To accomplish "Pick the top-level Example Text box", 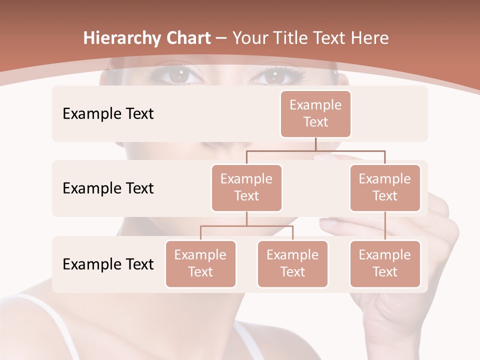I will (x=315, y=114).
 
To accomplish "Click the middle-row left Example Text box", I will (x=246, y=188).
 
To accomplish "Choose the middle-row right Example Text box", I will (x=385, y=188).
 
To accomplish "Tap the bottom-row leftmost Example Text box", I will (x=200, y=264).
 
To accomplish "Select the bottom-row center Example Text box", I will (x=292, y=264).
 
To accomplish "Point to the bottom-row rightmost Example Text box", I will (x=385, y=264).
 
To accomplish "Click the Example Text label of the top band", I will (x=108, y=114).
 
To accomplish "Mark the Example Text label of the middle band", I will (x=108, y=188).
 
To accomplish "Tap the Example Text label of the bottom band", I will (x=108, y=264).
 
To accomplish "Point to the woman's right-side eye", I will (x=274, y=76).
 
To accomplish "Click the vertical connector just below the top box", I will (x=315, y=144).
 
